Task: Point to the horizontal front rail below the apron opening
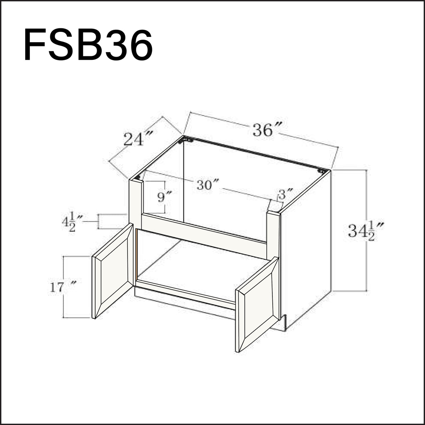204,235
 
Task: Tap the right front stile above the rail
273,234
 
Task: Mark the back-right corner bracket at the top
322,171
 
